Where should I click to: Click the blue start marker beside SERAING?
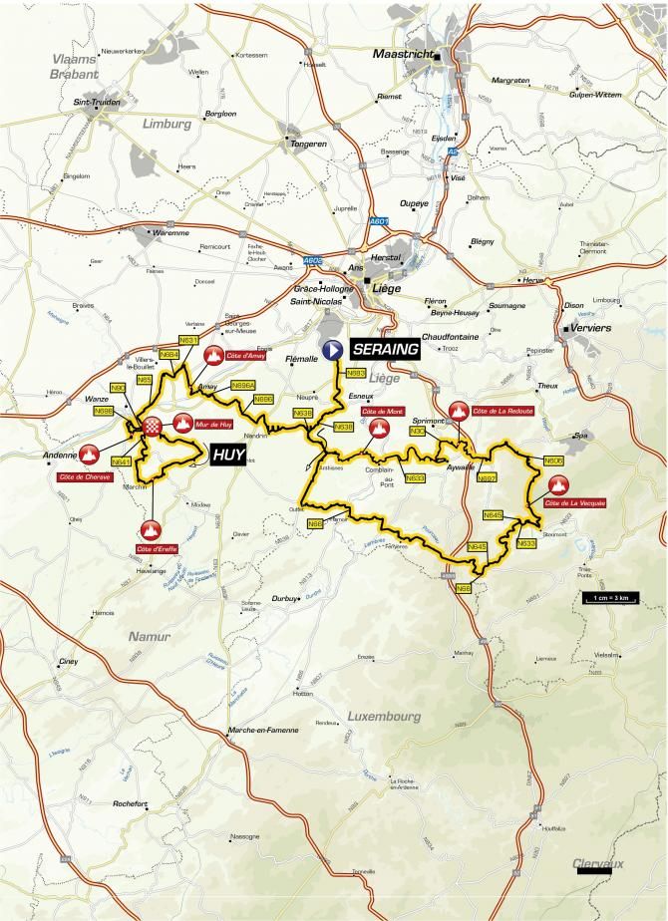[x=333, y=350]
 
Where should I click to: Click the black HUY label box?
[x=229, y=457]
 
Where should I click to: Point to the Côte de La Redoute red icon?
[x=459, y=410]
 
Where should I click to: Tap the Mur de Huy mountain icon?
[x=182, y=425]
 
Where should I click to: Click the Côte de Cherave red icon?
[x=91, y=456]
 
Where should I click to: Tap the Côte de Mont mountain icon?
[x=379, y=429]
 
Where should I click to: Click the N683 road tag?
[x=356, y=373]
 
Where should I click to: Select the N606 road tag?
[x=554, y=460]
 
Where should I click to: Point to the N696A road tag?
[x=243, y=384]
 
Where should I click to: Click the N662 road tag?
[x=487, y=477]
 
